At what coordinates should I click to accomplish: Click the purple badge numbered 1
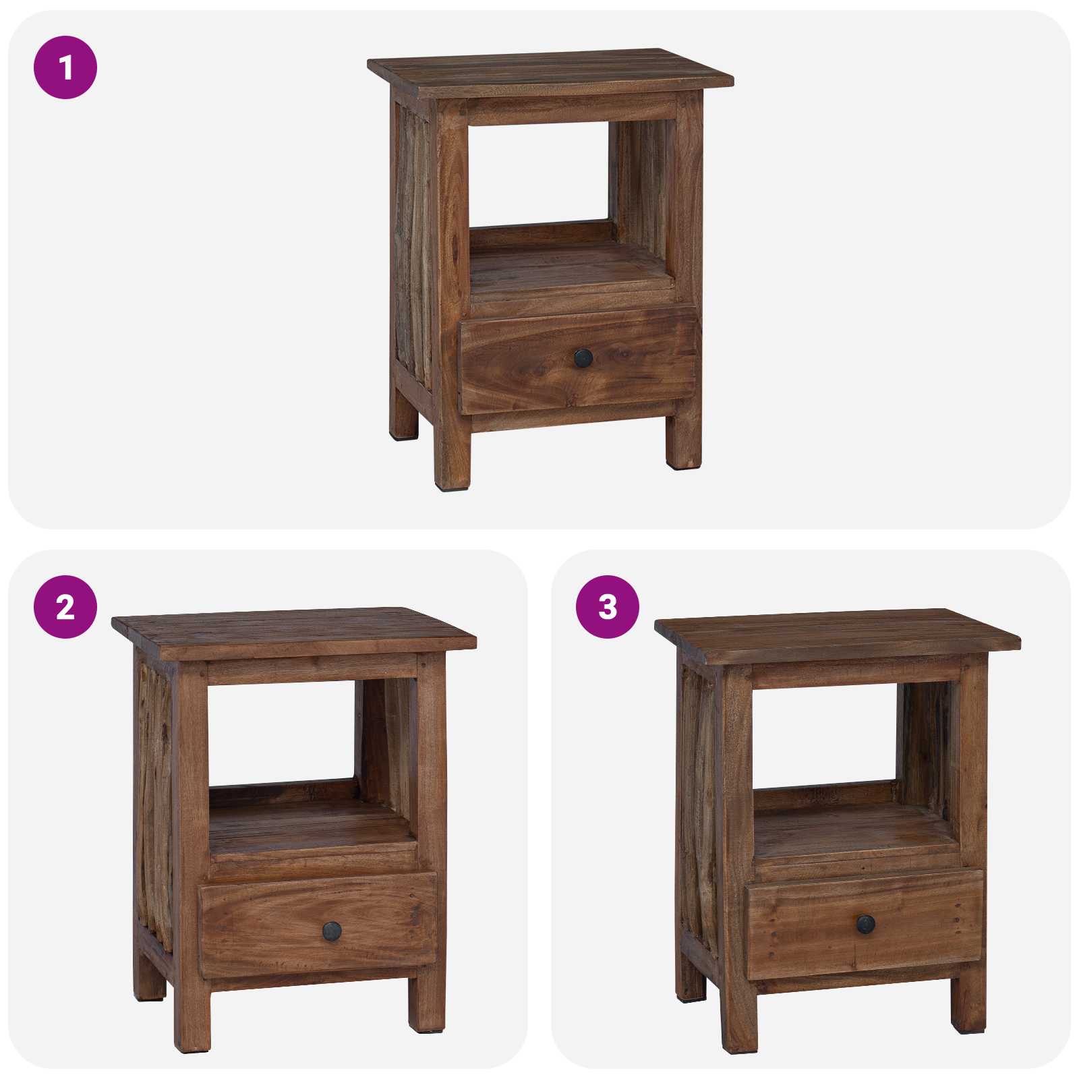[65, 67]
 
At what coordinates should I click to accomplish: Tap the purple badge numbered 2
[65, 607]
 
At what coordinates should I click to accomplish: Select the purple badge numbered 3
[608, 607]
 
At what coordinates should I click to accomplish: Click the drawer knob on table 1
[583, 358]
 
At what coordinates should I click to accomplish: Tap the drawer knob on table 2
[332, 931]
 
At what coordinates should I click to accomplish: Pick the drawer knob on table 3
[866, 924]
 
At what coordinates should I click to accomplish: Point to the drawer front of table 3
[803, 924]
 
